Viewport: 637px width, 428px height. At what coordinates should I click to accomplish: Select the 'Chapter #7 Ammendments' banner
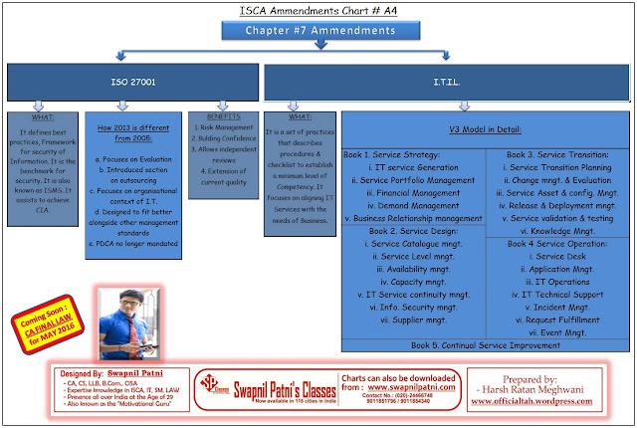coord(318,32)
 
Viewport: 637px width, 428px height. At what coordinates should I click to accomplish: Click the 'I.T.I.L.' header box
coord(447,80)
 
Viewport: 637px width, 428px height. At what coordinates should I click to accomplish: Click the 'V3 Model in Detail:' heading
coord(486,129)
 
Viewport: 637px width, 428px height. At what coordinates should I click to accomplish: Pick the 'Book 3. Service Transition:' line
coord(555,154)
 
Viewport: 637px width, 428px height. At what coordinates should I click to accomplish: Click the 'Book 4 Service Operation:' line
coord(555,243)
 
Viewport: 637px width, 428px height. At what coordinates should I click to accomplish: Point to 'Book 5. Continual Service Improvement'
coord(486,345)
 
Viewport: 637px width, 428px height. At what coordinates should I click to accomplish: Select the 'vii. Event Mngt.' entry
coord(555,332)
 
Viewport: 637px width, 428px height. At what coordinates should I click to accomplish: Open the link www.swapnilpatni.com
coord(425,386)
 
